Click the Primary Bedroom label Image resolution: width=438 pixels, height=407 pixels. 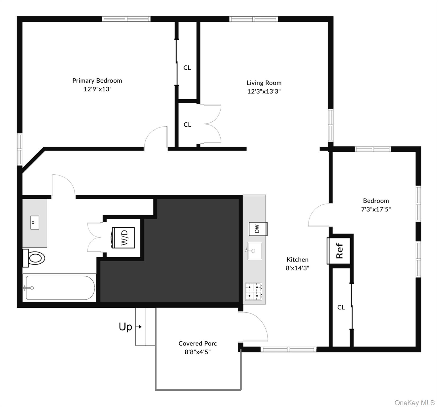97,81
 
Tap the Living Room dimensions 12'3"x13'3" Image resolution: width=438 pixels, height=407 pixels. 264,91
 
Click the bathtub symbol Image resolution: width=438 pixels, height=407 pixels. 59,288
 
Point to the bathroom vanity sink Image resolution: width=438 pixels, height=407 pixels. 34,223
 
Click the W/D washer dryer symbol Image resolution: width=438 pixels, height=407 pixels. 123,238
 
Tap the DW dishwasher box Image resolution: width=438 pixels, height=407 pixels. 257,229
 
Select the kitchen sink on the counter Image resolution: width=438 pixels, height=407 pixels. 254,251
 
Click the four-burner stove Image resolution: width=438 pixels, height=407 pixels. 254,291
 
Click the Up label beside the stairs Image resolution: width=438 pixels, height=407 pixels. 125,327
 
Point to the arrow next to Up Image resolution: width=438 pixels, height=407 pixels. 139,327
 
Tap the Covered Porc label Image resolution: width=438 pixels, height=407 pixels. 198,343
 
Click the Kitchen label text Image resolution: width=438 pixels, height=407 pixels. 297,260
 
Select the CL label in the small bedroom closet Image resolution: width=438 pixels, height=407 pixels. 341,307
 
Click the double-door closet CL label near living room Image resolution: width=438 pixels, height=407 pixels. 187,125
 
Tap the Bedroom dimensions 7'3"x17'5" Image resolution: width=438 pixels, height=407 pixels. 376,209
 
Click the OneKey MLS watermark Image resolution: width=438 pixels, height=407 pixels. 414,403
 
